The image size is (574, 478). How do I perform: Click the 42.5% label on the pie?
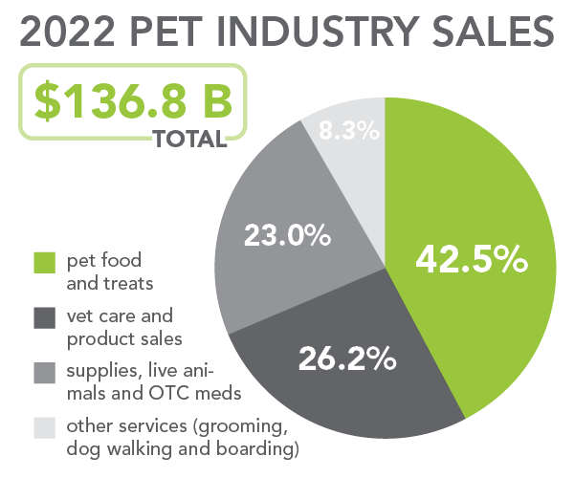(x=472, y=259)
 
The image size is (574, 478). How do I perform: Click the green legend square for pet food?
(x=45, y=261)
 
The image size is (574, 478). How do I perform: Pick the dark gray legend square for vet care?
(x=45, y=315)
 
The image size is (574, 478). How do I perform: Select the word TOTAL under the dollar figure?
(x=189, y=140)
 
